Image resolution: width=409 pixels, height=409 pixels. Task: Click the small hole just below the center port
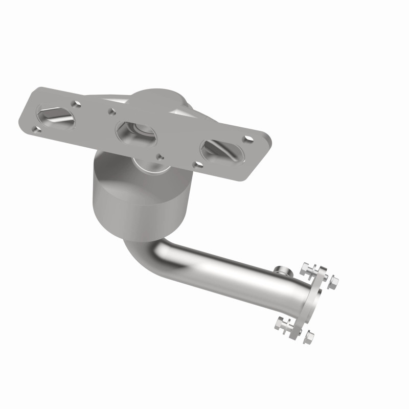(x=160, y=156)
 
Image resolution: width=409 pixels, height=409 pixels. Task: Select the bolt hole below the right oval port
(x=197, y=165)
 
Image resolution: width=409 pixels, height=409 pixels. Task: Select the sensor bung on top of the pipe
(x=280, y=269)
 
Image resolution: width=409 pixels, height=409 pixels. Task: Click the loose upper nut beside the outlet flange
(x=334, y=281)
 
